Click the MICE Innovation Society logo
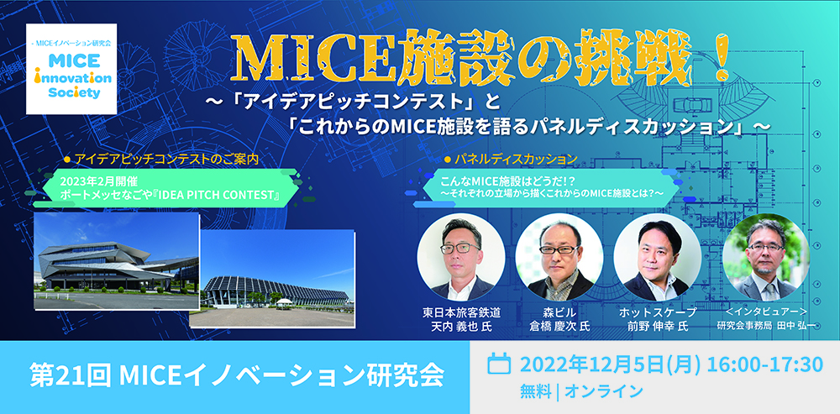(x=71, y=69)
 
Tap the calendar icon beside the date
(x=498, y=364)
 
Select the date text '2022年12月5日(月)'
(x=610, y=364)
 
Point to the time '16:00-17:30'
(x=764, y=364)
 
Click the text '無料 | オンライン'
(x=580, y=391)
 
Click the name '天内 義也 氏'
(x=461, y=326)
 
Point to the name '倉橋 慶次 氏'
(x=559, y=326)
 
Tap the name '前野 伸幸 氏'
(x=658, y=326)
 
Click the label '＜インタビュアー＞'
(x=765, y=312)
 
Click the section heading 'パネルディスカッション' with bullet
(x=511, y=159)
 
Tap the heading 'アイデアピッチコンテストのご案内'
(x=164, y=159)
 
